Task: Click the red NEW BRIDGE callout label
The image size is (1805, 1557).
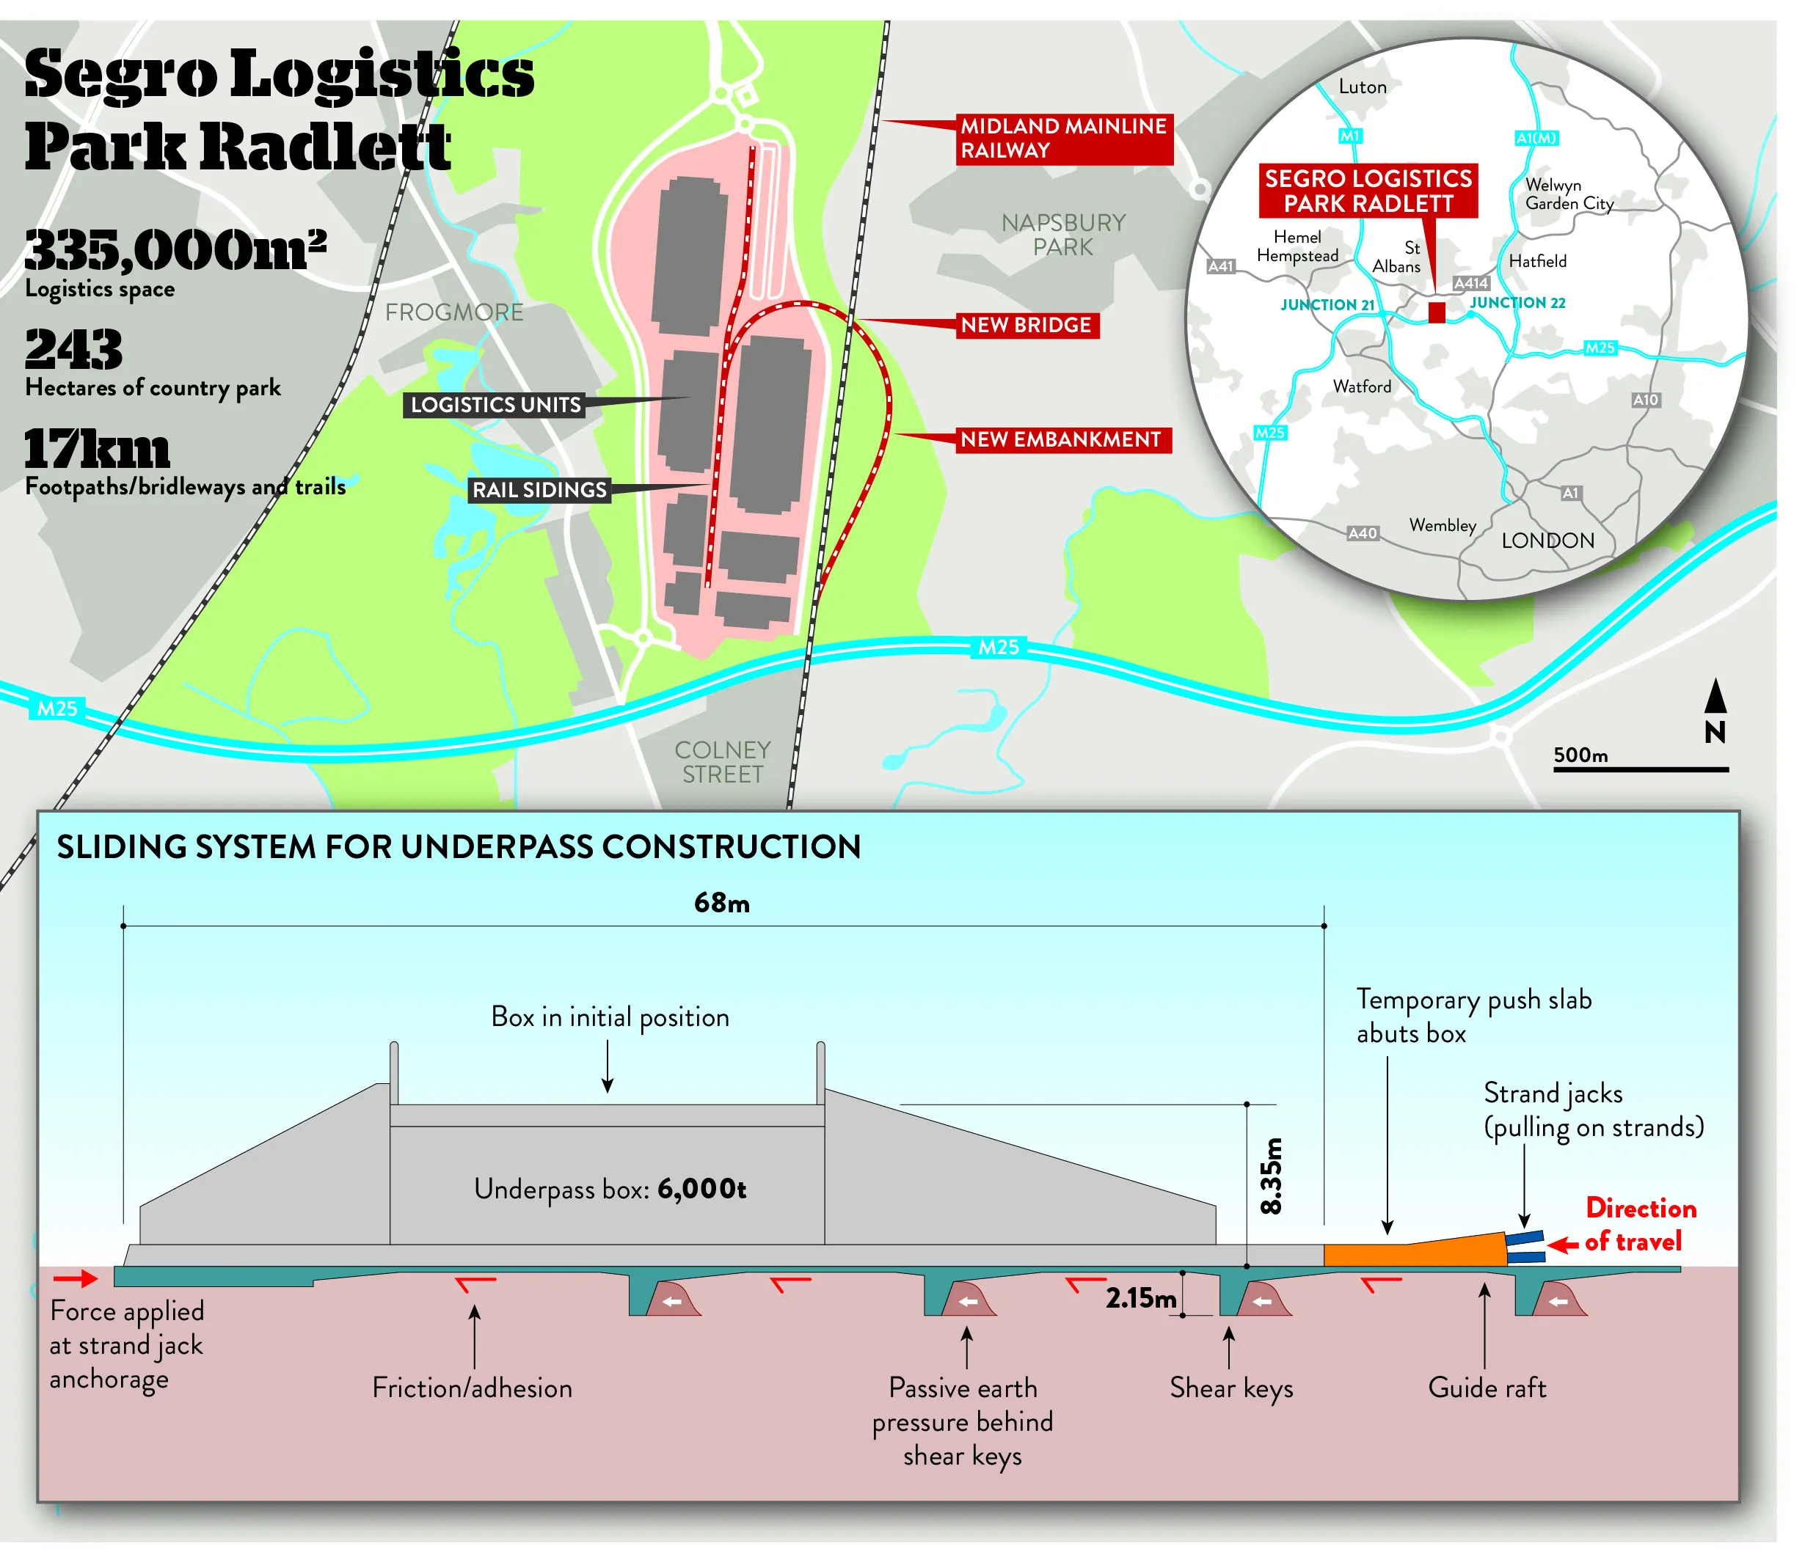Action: (1027, 326)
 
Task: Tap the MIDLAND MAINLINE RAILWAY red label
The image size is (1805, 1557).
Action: (1062, 139)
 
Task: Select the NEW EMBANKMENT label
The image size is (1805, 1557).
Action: (1060, 440)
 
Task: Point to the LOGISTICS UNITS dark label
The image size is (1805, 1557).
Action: (495, 405)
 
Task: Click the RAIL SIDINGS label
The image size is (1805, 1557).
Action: (539, 490)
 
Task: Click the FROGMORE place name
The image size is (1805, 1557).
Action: (454, 312)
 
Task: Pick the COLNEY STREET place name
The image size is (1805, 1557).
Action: (722, 762)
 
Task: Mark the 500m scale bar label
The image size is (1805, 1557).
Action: (1580, 755)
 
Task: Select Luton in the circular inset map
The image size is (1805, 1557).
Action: (1363, 87)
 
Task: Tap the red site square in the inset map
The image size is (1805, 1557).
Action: (1437, 312)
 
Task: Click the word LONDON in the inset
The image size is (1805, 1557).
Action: (1547, 541)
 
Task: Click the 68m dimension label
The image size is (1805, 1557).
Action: (721, 903)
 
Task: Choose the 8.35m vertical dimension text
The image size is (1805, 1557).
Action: (1271, 1176)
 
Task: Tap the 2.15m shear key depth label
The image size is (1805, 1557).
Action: (1140, 1298)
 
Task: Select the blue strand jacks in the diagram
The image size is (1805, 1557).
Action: (1525, 1246)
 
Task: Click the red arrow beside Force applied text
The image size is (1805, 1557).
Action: (76, 1278)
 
